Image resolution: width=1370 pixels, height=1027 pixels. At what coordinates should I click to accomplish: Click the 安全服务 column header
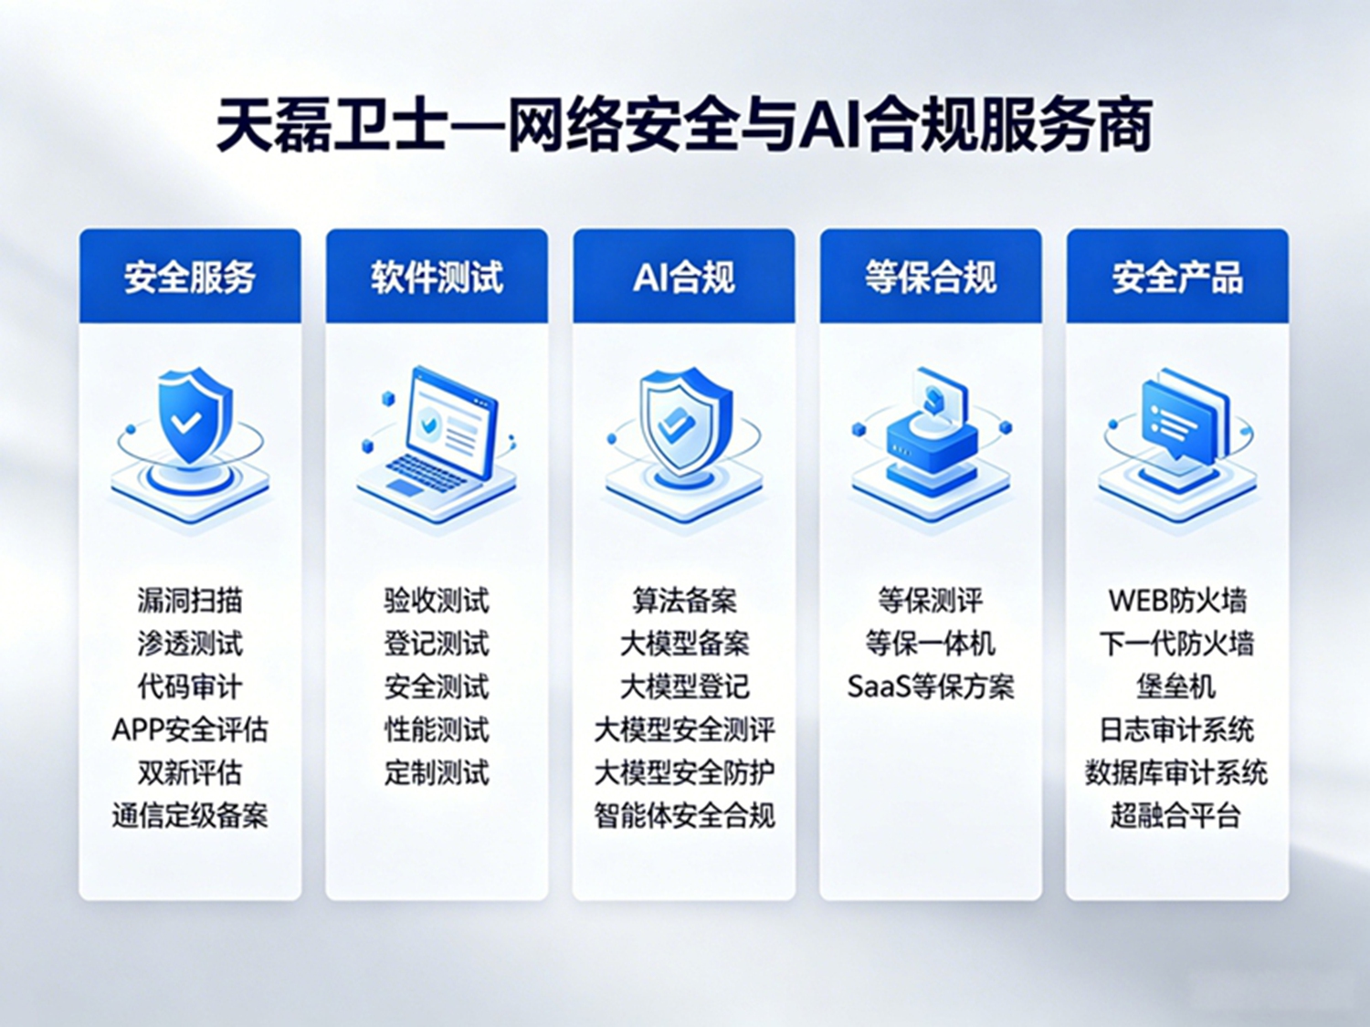[190, 277]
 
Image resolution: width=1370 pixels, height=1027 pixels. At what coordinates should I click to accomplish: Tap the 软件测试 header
[437, 277]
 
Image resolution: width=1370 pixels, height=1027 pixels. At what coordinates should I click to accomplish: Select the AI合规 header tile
[684, 277]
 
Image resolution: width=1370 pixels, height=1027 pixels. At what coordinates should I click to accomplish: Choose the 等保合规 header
[931, 277]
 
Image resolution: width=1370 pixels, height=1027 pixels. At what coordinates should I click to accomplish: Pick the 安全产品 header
[1177, 277]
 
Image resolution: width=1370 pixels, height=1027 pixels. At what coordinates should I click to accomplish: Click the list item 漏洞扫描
[190, 601]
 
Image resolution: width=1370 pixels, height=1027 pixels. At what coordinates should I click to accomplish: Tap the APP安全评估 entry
[190, 729]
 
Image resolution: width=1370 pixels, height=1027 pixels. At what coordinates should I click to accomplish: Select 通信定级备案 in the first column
[190, 815]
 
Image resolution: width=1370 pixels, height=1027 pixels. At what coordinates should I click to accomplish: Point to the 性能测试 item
[437, 729]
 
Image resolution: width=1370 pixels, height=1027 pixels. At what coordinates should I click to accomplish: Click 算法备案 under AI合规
[684, 601]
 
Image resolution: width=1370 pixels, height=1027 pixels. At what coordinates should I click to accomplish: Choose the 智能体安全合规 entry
[684, 815]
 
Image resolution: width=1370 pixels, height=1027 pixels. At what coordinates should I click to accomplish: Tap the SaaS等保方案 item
[931, 686]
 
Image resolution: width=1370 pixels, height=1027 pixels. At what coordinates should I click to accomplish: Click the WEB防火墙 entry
[1177, 601]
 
